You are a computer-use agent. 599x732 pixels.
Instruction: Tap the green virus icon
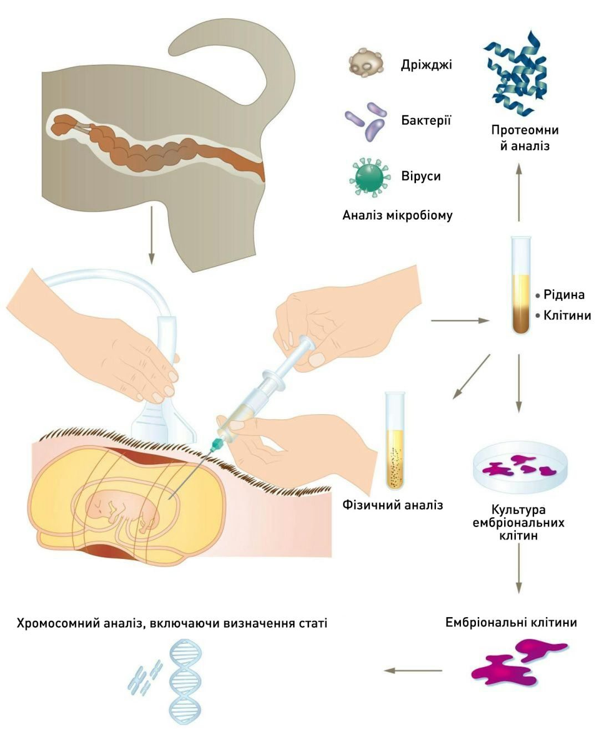[x=368, y=176]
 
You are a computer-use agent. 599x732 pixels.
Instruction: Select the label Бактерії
[x=426, y=120]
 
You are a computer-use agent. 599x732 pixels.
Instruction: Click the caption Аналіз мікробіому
[x=397, y=215]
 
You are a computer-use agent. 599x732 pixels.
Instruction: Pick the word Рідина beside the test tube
[x=564, y=294]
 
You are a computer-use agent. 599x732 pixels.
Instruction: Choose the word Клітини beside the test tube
[x=567, y=316]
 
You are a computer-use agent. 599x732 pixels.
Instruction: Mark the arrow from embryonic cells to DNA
[x=413, y=670]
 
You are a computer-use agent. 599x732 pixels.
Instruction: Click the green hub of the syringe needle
[x=217, y=443]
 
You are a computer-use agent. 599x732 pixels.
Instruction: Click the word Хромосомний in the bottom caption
[x=58, y=623]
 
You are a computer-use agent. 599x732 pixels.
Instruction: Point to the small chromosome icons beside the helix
[x=145, y=677]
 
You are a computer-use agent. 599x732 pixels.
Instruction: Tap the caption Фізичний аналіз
[x=393, y=505]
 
